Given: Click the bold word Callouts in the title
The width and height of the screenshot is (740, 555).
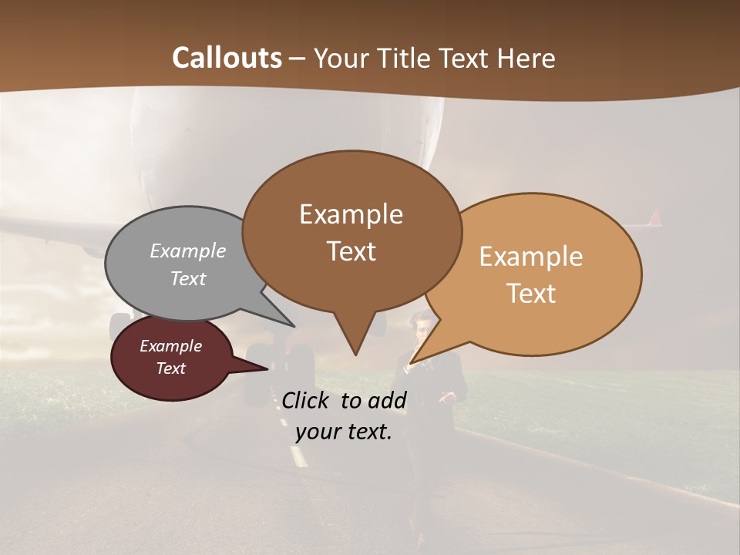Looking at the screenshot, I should (x=227, y=58).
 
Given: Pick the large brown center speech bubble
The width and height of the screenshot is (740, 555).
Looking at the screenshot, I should (x=351, y=231).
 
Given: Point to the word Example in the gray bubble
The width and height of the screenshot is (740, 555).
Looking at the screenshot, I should (x=188, y=251).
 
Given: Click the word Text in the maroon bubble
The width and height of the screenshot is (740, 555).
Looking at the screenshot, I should (x=170, y=368).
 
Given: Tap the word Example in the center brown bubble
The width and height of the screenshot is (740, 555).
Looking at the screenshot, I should (x=351, y=214).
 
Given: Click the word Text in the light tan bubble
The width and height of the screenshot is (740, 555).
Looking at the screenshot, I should (x=532, y=294).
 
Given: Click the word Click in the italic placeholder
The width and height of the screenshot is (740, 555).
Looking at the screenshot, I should (x=308, y=400).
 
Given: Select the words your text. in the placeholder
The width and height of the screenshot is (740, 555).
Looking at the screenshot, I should (x=344, y=432).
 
